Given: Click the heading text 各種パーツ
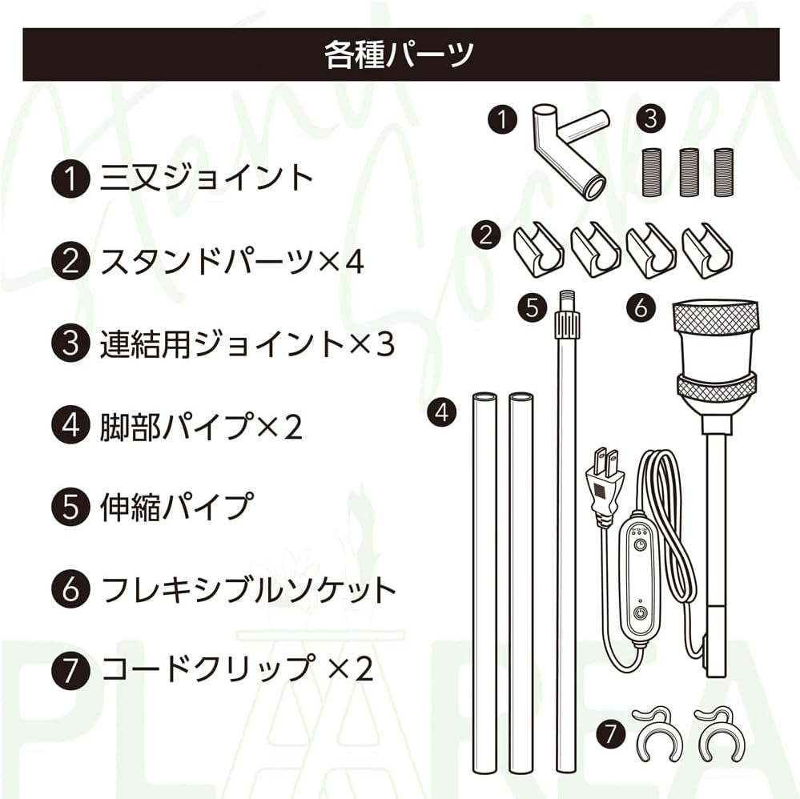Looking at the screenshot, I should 400,54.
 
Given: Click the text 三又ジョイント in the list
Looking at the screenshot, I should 206,178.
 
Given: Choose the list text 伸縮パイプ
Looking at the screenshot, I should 176,508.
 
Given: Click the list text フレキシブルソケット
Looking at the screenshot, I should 249,590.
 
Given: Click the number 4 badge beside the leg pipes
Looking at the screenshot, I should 441,413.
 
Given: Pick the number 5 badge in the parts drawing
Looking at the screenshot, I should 533,308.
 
